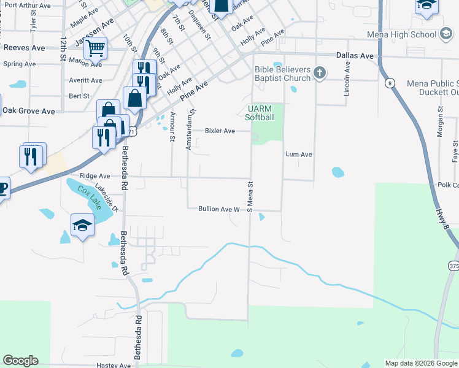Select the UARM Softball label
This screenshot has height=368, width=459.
[x=258, y=113]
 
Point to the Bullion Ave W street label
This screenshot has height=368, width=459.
[x=218, y=209]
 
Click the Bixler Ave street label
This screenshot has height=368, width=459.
[x=220, y=131]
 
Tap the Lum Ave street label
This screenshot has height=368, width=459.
[x=299, y=155]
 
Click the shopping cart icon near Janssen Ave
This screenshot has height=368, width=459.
[x=95, y=47]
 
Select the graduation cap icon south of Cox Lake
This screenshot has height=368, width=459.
[x=82, y=225]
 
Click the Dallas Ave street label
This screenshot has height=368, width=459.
[x=355, y=56]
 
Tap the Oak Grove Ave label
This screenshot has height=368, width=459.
[x=28, y=111]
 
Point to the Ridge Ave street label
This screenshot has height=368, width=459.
[x=94, y=175]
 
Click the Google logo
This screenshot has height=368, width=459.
[x=20, y=361]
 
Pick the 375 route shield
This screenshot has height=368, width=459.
[x=453, y=266]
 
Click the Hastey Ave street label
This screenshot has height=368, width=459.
[x=114, y=366]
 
